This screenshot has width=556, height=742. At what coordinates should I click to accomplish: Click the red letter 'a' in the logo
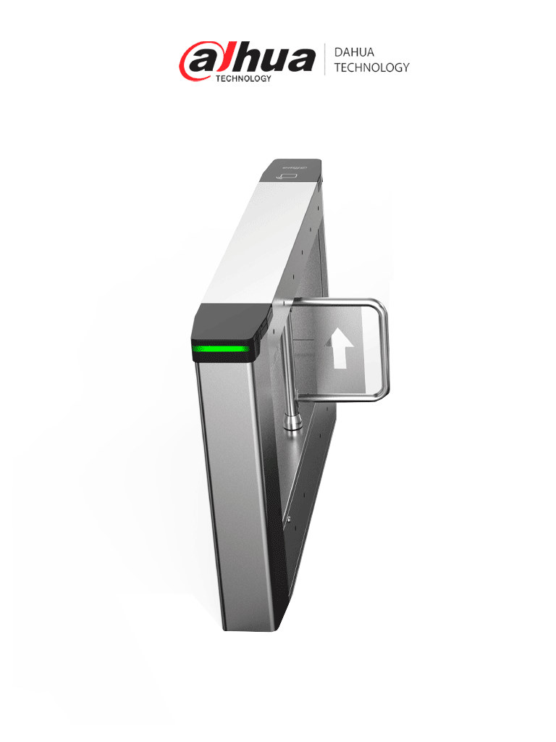click(x=197, y=60)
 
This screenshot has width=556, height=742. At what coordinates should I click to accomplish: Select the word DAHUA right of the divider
click(x=354, y=52)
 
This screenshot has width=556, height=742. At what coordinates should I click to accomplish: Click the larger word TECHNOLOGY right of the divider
click(x=371, y=67)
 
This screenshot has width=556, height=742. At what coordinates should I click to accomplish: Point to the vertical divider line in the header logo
click(x=324, y=59)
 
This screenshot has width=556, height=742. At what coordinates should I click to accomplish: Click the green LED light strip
click(x=221, y=353)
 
